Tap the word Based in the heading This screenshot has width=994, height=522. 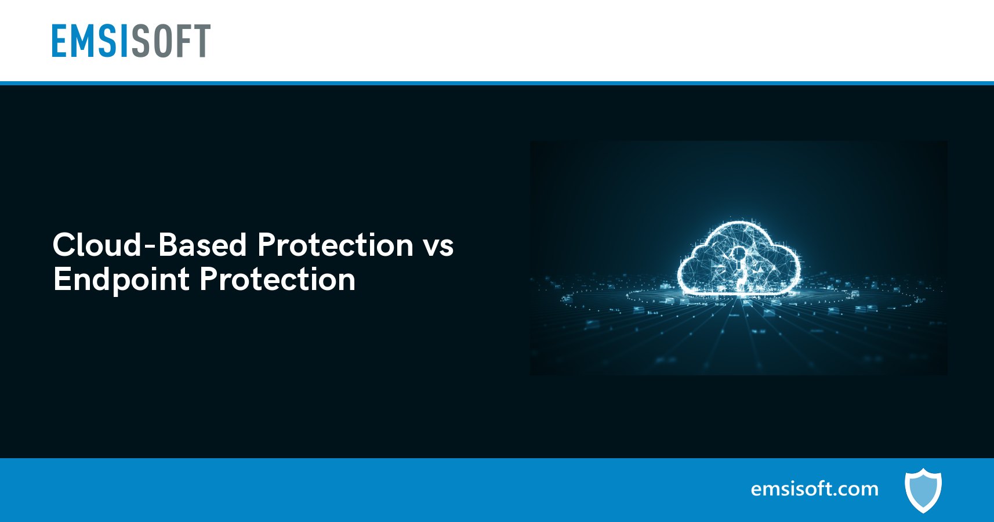202,245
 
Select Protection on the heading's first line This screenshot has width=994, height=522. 335,245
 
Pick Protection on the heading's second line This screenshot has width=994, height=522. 277,279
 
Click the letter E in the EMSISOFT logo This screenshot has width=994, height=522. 60,41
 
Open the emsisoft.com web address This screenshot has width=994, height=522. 815,489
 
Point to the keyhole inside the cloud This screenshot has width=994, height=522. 738,266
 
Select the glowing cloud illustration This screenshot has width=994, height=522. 739,258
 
